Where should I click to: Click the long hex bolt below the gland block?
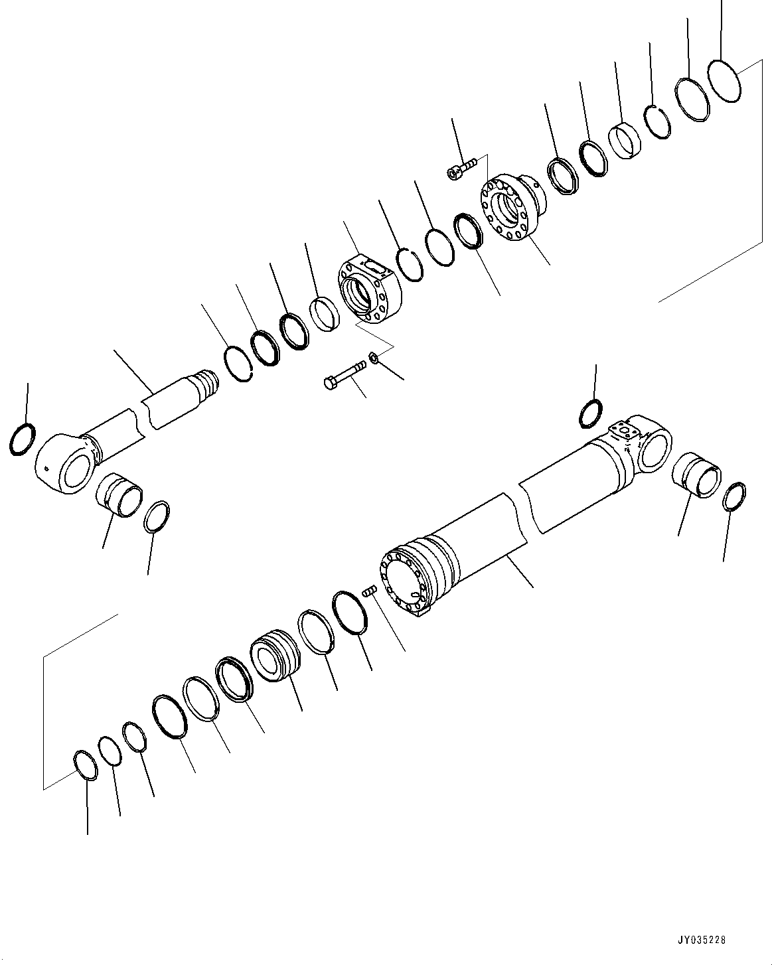[345, 373]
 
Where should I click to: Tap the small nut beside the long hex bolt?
[374, 358]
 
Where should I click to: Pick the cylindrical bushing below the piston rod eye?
[120, 494]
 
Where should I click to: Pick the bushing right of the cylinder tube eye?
[696, 473]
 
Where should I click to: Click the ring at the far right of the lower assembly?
[735, 497]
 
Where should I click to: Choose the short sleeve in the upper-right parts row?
[624, 139]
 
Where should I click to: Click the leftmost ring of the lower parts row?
[85, 766]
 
